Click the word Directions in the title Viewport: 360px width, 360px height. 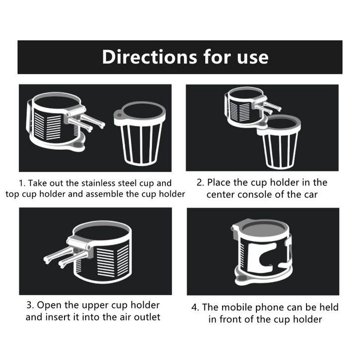click(x=149, y=57)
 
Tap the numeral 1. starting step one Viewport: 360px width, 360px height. click(x=22, y=183)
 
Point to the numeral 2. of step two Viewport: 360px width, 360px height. click(x=200, y=182)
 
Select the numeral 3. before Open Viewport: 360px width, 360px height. click(x=31, y=305)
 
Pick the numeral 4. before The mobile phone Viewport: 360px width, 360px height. click(x=195, y=307)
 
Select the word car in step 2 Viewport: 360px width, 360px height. click(x=311, y=195)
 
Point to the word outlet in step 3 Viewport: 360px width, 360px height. click(x=147, y=317)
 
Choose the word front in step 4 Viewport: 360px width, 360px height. click(x=231, y=319)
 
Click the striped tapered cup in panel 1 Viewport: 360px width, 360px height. click(x=140, y=133)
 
